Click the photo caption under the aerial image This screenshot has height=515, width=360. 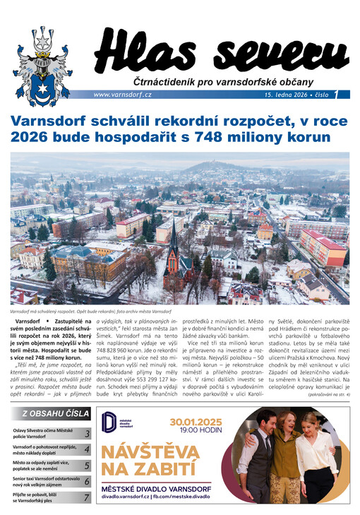[x=102, y=311]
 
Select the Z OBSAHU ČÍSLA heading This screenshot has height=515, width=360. [x=56, y=414]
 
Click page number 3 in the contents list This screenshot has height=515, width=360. [x=87, y=434]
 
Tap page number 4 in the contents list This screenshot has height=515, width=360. [x=87, y=449]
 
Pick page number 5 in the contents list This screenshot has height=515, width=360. [x=87, y=466]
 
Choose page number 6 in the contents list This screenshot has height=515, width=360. [x=87, y=481]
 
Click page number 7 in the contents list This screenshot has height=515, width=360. [x=87, y=497]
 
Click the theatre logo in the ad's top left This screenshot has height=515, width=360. [x=111, y=422]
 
